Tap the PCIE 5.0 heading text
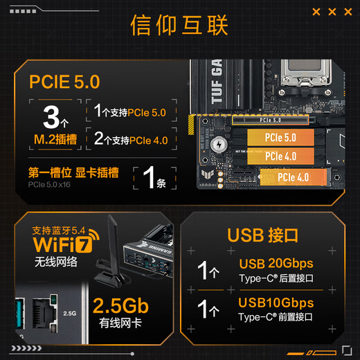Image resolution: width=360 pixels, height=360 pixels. (64, 82)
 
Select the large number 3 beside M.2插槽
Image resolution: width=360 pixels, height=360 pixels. (51, 117)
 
